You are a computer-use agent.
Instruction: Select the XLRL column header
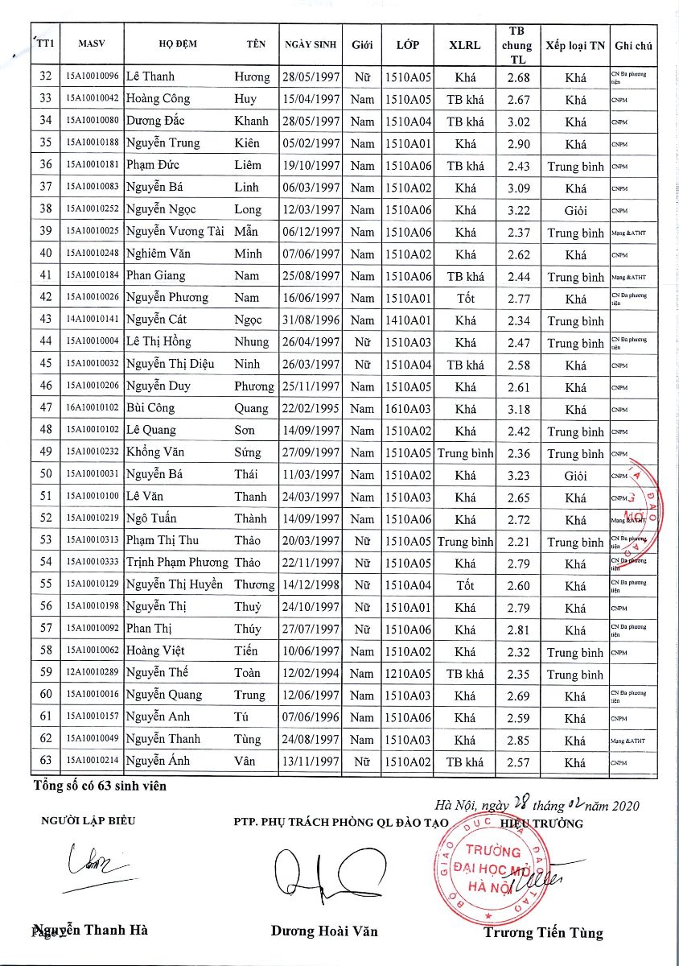coord(465,45)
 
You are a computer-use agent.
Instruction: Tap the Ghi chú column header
coord(632,45)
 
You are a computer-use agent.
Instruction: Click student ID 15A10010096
coord(93,77)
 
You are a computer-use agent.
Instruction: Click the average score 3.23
coord(518,475)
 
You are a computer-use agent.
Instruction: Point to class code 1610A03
coord(408,409)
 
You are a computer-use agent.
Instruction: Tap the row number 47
coord(46,409)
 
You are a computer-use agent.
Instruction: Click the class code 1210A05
coord(408,674)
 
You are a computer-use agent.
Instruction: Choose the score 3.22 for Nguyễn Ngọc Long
coord(518,209)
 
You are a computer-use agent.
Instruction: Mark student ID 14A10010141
coord(93,320)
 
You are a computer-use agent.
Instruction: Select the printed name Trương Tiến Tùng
coord(543,933)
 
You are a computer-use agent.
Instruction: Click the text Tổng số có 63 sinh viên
coord(100,786)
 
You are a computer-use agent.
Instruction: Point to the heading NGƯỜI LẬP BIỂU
coord(88,822)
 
